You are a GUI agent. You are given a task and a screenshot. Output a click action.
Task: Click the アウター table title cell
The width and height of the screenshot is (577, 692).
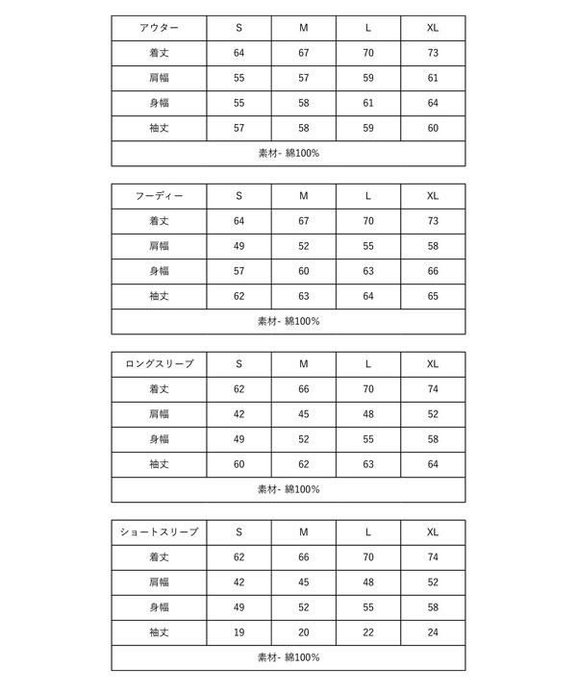(159, 28)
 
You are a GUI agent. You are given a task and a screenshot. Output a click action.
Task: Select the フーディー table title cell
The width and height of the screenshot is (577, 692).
(159, 196)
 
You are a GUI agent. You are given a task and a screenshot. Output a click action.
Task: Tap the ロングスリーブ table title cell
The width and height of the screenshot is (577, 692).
(159, 364)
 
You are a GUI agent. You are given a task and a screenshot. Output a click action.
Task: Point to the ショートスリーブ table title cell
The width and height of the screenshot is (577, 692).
(159, 532)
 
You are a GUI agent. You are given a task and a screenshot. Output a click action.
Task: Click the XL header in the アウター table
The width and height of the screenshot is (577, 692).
(433, 28)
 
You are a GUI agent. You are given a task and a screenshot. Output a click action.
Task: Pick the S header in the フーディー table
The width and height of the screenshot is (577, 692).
(238, 196)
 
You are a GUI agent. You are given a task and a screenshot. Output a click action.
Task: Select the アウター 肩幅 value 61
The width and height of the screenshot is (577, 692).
(433, 78)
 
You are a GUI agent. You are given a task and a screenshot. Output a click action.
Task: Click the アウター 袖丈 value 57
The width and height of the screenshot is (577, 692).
(238, 128)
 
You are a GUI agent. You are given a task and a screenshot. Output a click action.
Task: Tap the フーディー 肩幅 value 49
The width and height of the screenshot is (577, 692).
(238, 246)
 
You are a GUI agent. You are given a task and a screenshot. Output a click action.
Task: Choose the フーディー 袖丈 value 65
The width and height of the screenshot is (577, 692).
(433, 296)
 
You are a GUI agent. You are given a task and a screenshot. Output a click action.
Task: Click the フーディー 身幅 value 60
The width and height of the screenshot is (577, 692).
(303, 271)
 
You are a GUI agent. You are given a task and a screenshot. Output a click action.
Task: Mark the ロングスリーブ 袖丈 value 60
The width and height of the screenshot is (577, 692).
(238, 464)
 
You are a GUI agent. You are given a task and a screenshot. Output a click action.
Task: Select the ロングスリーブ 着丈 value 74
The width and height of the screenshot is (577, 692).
(433, 389)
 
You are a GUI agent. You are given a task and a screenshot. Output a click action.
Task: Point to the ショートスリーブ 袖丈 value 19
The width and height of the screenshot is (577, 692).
(238, 632)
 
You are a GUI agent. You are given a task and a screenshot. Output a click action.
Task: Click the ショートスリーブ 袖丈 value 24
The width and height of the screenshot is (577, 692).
(433, 632)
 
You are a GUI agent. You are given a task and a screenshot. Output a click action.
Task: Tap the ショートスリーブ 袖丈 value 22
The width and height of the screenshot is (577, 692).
(368, 632)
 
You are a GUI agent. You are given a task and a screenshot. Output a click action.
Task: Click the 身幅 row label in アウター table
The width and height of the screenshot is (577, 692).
(159, 103)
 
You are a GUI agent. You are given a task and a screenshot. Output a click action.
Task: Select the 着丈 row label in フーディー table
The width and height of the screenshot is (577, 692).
(159, 221)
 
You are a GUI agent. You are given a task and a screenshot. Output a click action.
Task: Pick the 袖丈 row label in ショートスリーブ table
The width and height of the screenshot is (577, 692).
(159, 632)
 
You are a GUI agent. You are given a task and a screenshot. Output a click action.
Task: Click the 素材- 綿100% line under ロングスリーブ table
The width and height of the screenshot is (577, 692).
(288, 489)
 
